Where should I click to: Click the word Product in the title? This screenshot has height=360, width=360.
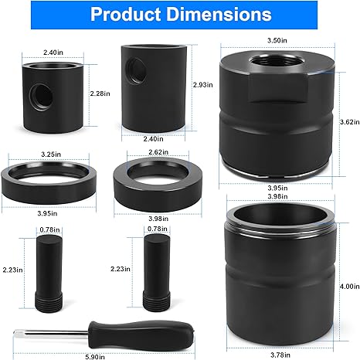coord(126,15)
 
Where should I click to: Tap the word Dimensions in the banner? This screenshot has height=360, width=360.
coord(219,15)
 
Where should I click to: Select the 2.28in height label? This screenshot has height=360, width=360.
coord(100,93)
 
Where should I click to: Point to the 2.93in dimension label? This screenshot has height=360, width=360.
coord(203,85)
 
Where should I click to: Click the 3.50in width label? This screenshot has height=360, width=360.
coord(277,40)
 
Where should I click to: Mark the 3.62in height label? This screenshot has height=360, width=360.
coord(349,122)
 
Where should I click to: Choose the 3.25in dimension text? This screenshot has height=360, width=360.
coord(51,155)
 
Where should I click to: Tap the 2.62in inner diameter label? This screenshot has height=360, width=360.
coord(158,152)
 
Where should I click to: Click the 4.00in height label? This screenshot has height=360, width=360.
coord(349,286)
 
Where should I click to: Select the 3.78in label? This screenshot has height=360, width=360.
coord(280,355)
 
